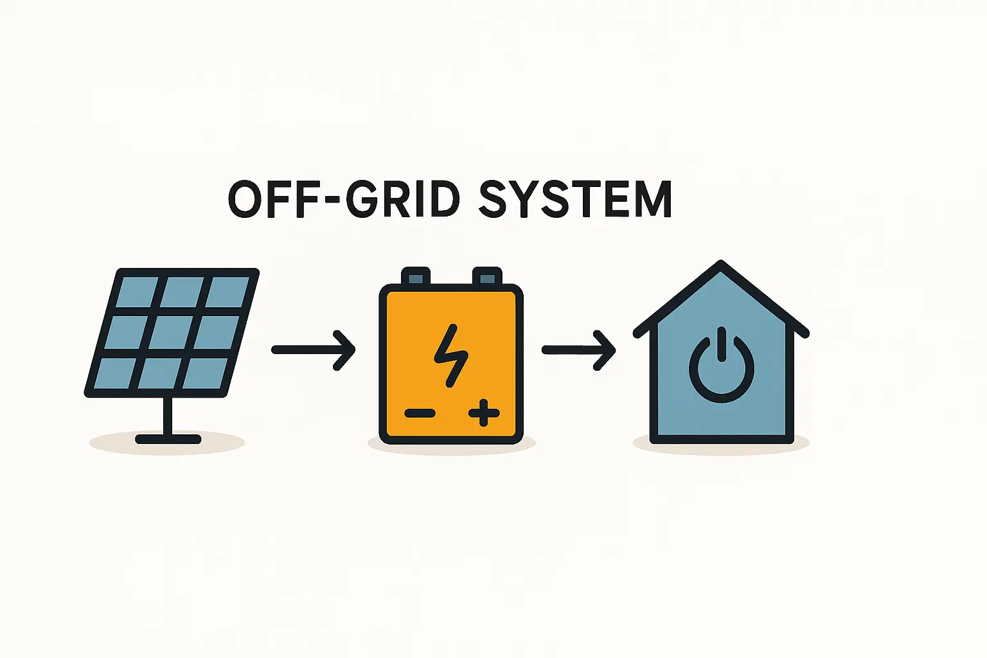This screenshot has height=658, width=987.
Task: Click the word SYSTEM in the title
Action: (x=575, y=199)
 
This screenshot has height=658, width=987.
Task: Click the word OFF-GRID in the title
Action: (x=344, y=199)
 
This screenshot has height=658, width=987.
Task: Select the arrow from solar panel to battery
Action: (x=313, y=350)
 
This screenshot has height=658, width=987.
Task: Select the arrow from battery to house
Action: (x=578, y=350)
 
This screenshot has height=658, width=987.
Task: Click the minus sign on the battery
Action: (x=420, y=413)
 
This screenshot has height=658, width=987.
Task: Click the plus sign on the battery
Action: (x=484, y=413)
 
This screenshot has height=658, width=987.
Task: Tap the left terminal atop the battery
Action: (x=416, y=276)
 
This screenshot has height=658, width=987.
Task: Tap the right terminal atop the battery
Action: (x=487, y=276)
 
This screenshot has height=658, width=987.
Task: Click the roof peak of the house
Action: (x=721, y=264)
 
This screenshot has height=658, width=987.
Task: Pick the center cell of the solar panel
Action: (x=172, y=332)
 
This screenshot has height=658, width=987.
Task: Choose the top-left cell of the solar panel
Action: (x=138, y=292)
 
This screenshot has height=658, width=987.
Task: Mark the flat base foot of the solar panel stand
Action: (x=168, y=440)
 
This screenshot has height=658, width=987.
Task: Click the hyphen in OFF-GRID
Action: (x=328, y=200)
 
